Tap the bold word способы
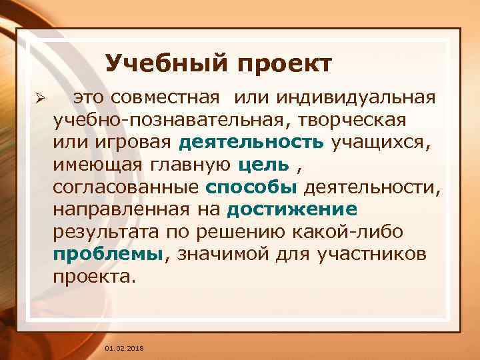click(248, 187)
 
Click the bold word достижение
click(292, 210)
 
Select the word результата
click(104, 232)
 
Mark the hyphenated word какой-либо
click(371, 232)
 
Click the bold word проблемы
click(107, 255)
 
